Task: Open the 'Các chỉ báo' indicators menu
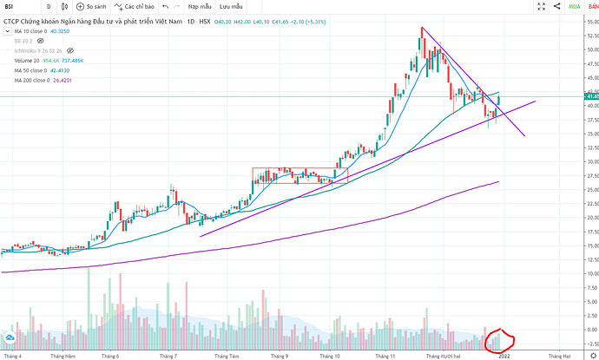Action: pyautogui.click(x=141, y=6)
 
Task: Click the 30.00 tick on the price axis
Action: pyautogui.click(x=589, y=161)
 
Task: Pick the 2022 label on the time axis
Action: pyautogui.click(x=504, y=355)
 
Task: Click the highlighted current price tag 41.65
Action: pyautogui.click(x=589, y=96)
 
